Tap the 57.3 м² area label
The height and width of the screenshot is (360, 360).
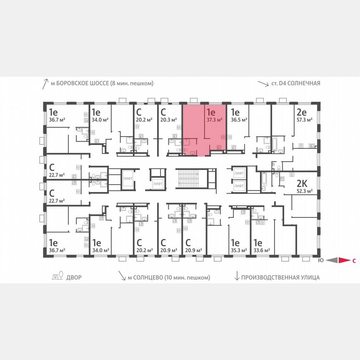click(x=305, y=120)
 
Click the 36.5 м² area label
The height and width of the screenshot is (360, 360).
click(x=239, y=120)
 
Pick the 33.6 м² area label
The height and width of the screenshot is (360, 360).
click(x=262, y=250)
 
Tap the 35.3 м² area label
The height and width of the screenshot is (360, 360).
click(x=239, y=250)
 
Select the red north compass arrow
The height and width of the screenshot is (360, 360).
click(x=343, y=261)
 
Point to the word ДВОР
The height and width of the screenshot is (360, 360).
click(x=74, y=277)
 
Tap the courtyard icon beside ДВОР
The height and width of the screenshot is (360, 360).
click(x=57, y=276)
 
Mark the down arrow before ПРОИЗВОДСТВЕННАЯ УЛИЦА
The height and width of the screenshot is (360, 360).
click(x=237, y=277)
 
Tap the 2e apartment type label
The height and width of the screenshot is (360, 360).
click(x=302, y=112)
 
